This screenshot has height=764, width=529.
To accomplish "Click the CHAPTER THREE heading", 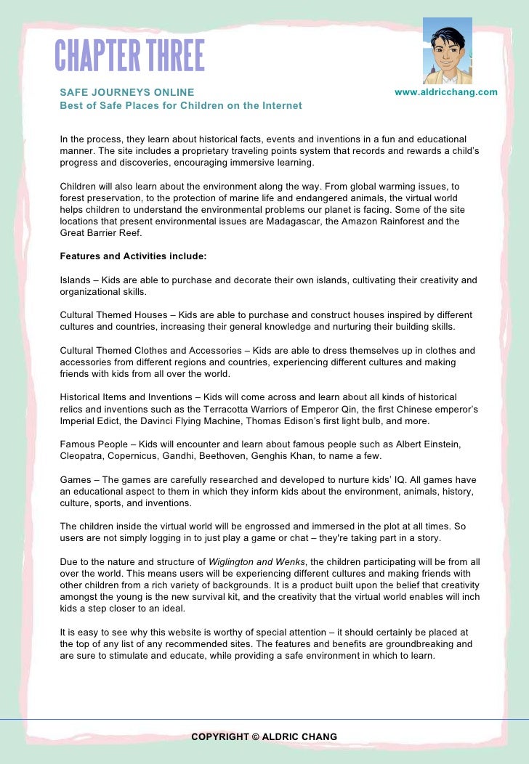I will tap(130, 56).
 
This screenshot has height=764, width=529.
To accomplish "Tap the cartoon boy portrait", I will tap(447, 51).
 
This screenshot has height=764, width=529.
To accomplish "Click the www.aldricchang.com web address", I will tap(445, 92).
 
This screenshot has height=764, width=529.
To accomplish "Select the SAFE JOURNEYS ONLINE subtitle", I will tap(127, 92).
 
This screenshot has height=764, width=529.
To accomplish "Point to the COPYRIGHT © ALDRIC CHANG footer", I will tap(264, 736).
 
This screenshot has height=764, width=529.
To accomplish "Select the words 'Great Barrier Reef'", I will tap(101, 233).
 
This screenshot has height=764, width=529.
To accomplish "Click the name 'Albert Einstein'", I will tap(428, 444).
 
